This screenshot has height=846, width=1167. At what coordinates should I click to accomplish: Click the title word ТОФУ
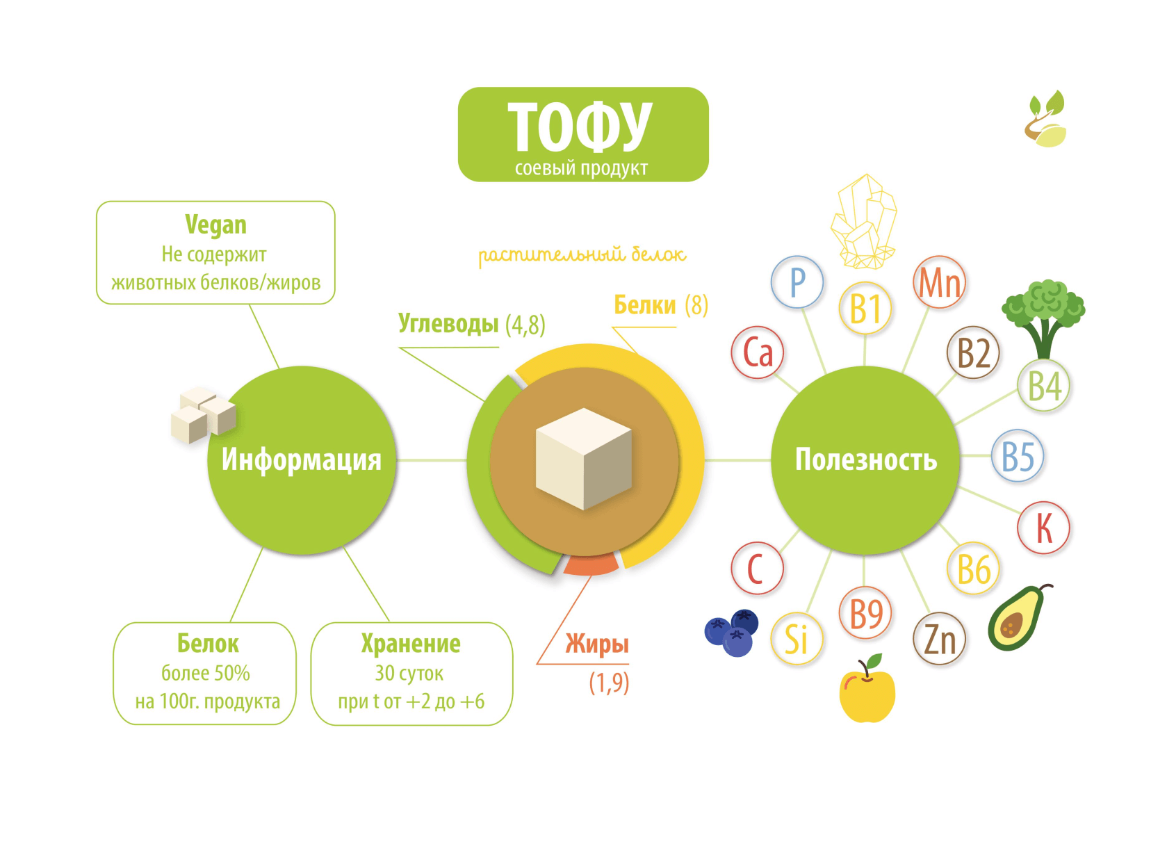(x=580, y=127)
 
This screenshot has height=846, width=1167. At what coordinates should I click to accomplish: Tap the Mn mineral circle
(x=939, y=282)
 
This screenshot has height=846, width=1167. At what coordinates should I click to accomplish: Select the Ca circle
(x=758, y=352)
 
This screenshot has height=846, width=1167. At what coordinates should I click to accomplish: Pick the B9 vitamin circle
(x=865, y=613)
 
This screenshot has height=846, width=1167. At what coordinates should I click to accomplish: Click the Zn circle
(x=939, y=639)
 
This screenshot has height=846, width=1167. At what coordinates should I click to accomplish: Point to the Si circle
(x=797, y=639)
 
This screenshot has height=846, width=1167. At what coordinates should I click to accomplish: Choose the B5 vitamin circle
(x=1018, y=456)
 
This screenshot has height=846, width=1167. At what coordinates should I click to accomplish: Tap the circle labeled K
(x=1043, y=528)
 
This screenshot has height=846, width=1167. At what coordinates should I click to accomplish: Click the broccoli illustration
(x=1043, y=316)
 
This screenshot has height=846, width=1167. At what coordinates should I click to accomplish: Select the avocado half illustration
(x=1017, y=618)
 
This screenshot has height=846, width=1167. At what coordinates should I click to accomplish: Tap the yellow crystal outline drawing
(x=864, y=222)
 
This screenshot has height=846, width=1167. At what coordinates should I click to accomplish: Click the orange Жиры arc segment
(x=591, y=564)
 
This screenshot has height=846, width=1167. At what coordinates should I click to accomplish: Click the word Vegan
(x=215, y=225)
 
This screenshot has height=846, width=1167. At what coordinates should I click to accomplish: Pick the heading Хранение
(x=411, y=644)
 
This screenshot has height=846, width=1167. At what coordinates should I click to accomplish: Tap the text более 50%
(x=206, y=673)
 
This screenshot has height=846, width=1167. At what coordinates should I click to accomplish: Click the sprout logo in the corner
(x=1045, y=120)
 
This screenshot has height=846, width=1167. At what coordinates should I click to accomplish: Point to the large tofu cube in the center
(x=584, y=459)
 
